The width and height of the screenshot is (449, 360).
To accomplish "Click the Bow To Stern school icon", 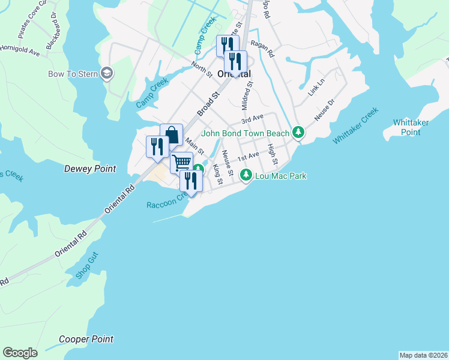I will point(108,74).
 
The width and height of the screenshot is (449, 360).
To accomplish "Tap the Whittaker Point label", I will point(411,127).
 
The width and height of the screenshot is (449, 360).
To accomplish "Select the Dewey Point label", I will point(90,169).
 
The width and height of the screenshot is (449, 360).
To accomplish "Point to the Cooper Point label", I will point(86,339).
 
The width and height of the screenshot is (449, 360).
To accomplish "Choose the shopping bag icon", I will point(171,134).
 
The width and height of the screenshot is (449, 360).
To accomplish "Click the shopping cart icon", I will point(181,162).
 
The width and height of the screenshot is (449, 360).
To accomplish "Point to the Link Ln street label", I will point(315,90).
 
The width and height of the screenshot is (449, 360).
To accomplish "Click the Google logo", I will point(20,353).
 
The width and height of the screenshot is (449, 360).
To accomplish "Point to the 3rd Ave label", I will point(253,120).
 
